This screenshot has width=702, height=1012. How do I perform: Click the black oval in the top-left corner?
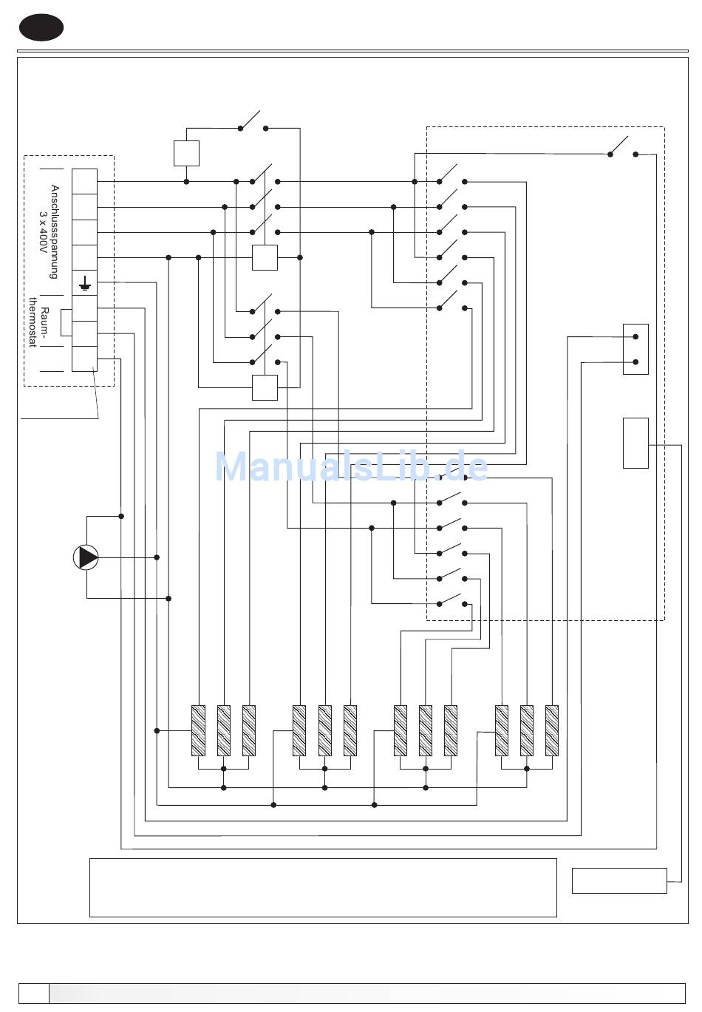click(41, 27)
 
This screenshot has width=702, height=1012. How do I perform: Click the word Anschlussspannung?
click(54, 231)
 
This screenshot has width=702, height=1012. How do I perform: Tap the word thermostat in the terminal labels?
click(32, 322)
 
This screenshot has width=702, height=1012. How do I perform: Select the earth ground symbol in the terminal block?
click(85, 282)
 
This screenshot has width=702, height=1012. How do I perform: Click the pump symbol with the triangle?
click(86, 557)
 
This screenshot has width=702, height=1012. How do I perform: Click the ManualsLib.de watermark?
click(351, 466)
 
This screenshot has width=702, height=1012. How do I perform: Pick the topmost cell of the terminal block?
click(85, 181)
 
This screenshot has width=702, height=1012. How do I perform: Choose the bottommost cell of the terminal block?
click(85, 359)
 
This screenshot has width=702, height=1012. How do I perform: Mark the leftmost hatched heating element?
click(198, 730)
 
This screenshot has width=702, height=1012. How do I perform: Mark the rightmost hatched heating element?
click(552, 730)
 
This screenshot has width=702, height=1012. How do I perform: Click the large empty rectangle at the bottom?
click(323, 887)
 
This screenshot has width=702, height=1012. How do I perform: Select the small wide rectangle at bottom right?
click(619, 880)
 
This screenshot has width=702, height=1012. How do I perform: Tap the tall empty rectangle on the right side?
click(635, 443)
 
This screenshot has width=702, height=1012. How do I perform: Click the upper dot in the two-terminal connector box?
click(635, 337)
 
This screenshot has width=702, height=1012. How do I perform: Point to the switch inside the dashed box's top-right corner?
click(622, 148)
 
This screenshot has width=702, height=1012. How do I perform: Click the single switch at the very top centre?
click(252, 122)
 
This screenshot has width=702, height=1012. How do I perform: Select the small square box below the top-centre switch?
click(186, 153)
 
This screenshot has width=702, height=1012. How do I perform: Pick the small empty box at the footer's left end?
click(33, 993)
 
